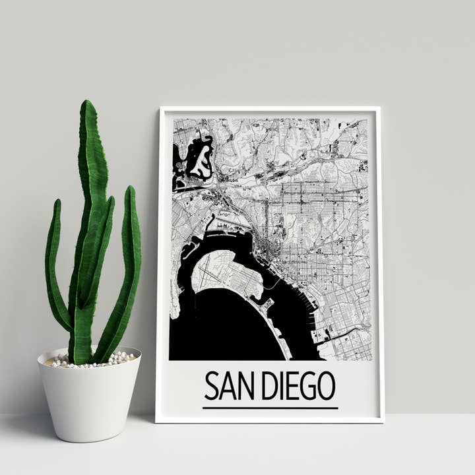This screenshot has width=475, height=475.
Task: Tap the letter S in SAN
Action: pyautogui.click(x=210, y=386)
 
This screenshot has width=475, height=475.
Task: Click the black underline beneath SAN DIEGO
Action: pyautogui.click(x=270, y=408)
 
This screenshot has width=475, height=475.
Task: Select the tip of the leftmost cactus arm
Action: pyautogui.click(x=57, y=202)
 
